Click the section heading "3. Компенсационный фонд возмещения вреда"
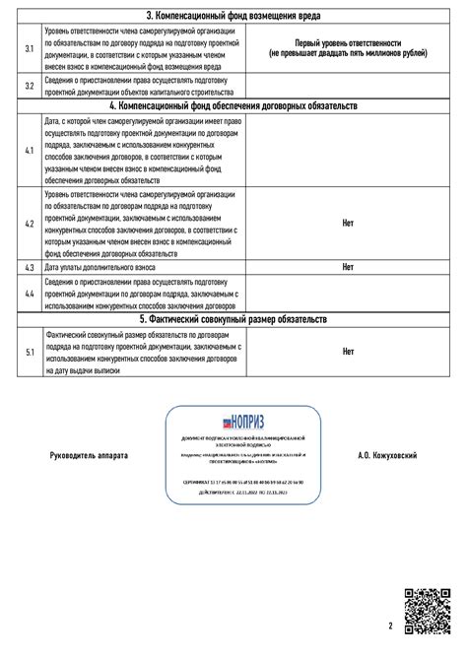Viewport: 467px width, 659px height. tap(233, 17)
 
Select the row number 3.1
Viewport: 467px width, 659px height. tap(30, 49)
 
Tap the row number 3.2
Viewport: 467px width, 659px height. tap(30, 86)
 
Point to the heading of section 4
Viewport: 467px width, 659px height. tap(233, 104)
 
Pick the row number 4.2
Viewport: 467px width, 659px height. tap(30, 225)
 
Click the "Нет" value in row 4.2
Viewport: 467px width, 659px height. tap(348, 225)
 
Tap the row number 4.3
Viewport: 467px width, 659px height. tap(30, 267)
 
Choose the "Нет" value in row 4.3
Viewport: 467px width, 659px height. tap(348, 267)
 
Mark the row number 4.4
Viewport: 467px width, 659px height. tap(30, 294)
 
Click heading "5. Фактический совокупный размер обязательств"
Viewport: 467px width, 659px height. tap(233, 319)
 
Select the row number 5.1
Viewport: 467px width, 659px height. tap(30, 352)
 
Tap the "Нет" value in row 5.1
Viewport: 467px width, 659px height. tap(348, 351)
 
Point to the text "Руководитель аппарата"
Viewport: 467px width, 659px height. tap(89, 457)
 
